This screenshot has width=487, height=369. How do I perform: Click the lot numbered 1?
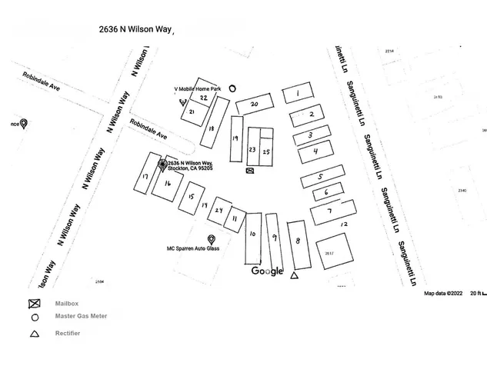(x=297, y=94)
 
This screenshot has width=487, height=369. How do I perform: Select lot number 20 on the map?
(x=255, y=104)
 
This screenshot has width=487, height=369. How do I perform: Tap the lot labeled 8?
(x=298, y=243)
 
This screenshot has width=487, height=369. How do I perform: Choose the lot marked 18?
(x=211, y=130)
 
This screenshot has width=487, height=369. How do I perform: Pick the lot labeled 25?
(x=266, y=151)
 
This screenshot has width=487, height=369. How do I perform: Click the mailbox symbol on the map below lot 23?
(x=249, y=171)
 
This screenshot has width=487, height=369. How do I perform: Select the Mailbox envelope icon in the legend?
(x=34, y=303)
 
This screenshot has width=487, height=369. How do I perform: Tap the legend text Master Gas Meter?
(x=81, y=316)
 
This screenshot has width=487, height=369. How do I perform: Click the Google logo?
(x=267, y=271)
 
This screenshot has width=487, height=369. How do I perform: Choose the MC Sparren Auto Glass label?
(x=194, y=249)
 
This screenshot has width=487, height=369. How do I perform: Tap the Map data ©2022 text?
(x=443, y=293)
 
